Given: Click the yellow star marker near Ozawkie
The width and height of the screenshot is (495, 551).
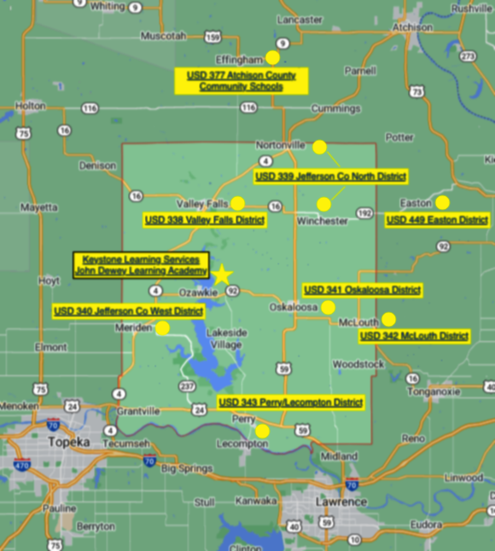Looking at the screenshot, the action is pos(221,275).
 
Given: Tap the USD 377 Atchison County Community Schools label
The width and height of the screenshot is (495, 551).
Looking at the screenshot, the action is pos(242,81).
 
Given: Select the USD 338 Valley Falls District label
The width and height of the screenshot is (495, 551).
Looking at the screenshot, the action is pos(205,220).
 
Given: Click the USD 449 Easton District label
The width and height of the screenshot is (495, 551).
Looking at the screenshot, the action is pos(437,220).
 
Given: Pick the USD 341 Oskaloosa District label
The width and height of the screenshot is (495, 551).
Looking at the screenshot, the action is pos(362,289).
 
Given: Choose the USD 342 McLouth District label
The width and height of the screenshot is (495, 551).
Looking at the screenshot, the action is pos(415,336).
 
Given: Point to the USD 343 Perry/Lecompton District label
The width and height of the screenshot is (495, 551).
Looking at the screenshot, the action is pos(291,402).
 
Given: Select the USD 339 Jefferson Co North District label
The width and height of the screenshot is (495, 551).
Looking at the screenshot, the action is pos(330,177).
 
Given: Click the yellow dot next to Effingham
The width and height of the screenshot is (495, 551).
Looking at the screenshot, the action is pos(272,58).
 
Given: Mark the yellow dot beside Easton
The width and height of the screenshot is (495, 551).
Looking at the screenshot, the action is pos(442,203).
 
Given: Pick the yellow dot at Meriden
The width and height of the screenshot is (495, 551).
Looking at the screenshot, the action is pos(162,328).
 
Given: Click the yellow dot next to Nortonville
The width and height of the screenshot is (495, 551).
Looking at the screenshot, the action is pos(319,147).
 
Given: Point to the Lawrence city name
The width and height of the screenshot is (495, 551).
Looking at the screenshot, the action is pos(341,502).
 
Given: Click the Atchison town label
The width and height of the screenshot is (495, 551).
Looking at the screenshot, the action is pos(412,27).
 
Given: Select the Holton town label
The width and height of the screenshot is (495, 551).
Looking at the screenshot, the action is pos(31,106).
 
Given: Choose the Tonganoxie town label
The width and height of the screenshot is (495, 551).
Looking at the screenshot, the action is pos(434,391).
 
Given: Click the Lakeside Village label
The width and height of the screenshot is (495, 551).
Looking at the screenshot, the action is pos(226,338).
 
